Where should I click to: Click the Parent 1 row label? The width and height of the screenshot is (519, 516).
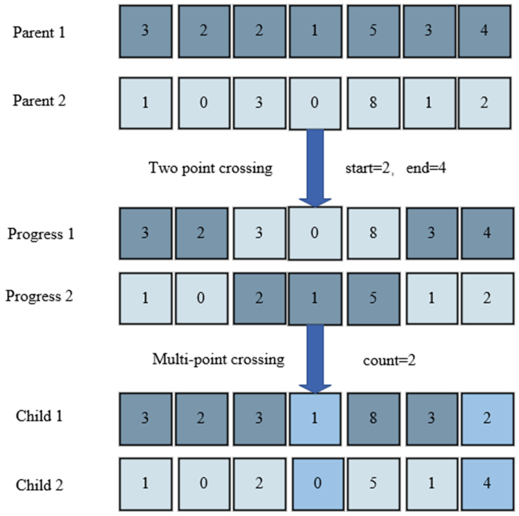click(39, 32)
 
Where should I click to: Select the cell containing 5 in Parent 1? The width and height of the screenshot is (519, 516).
click(373, 31)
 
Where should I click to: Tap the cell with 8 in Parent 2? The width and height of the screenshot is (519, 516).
click(373, 103)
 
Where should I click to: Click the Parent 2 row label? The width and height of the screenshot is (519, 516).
click(39, 101)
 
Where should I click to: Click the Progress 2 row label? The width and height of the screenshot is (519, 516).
click(39, 296)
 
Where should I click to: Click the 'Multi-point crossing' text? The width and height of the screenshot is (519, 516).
click(218, 360)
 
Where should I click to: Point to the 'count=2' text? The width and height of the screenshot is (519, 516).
click(389, 361)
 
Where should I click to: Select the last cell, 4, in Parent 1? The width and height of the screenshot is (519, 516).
click(484, 31)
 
